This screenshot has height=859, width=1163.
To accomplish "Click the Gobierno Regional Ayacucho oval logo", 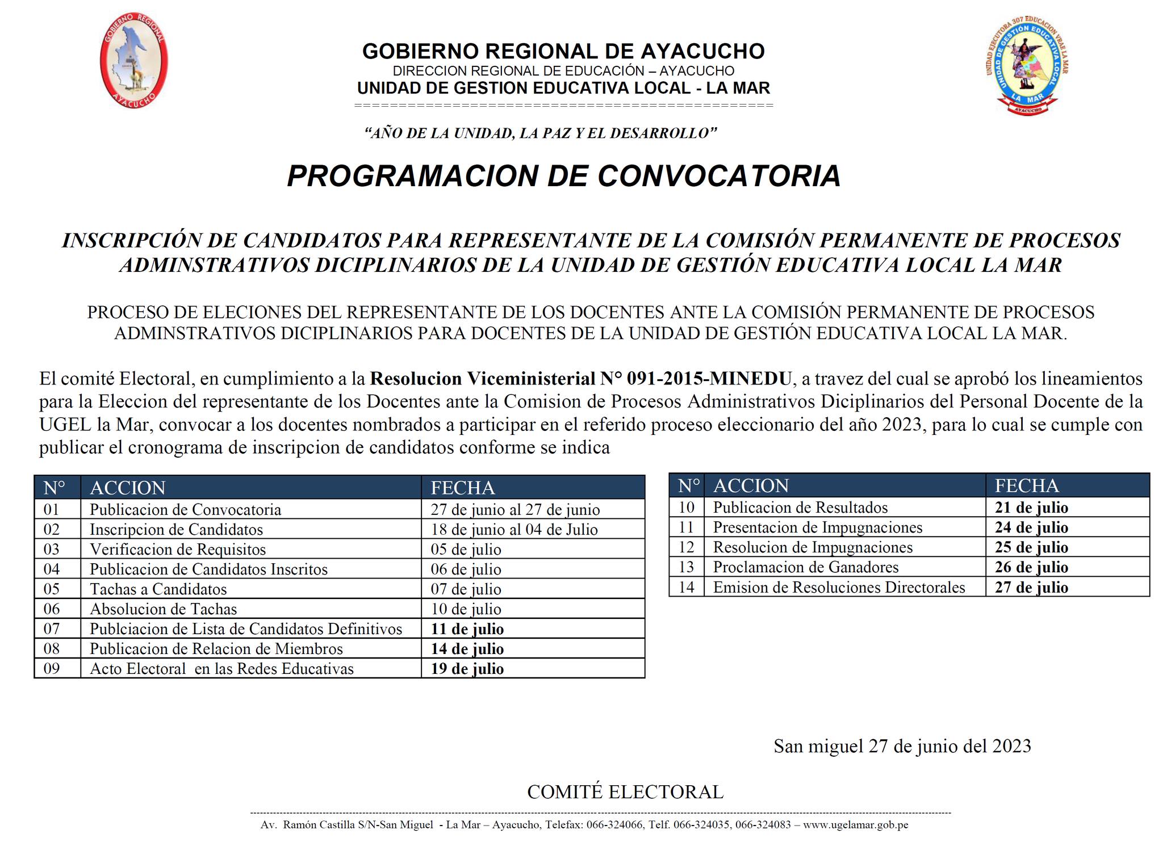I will pos(134,60).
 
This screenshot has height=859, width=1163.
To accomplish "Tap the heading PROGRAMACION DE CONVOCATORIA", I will pos(563,175).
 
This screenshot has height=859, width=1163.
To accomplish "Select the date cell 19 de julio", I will pos(467,669).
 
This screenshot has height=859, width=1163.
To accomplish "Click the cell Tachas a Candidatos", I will pos(158,589).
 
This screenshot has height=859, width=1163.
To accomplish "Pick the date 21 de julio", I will pos(1031,508).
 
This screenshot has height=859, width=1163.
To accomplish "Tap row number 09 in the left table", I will pos(52,669).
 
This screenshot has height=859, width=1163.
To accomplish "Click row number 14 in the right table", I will pos(687,587).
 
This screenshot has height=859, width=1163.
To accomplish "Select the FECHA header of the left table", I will pos(463,488).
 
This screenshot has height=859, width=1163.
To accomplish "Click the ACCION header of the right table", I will pos(751,486).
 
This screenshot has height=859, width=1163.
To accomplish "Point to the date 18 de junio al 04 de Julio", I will pos(514,530).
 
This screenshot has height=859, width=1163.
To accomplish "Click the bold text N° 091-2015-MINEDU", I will pos(695,379).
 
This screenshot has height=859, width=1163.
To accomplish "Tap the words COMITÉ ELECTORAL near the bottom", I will pos(625,792).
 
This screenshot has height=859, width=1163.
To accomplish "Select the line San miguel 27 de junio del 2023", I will pos(902,746).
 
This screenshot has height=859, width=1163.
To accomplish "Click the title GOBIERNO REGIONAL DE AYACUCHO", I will pos(563,51).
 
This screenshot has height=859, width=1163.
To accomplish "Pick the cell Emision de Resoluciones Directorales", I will pos(839,587).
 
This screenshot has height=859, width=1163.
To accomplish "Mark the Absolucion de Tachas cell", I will pos(163,609).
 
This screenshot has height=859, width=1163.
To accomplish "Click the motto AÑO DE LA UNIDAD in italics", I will pos(541,133).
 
